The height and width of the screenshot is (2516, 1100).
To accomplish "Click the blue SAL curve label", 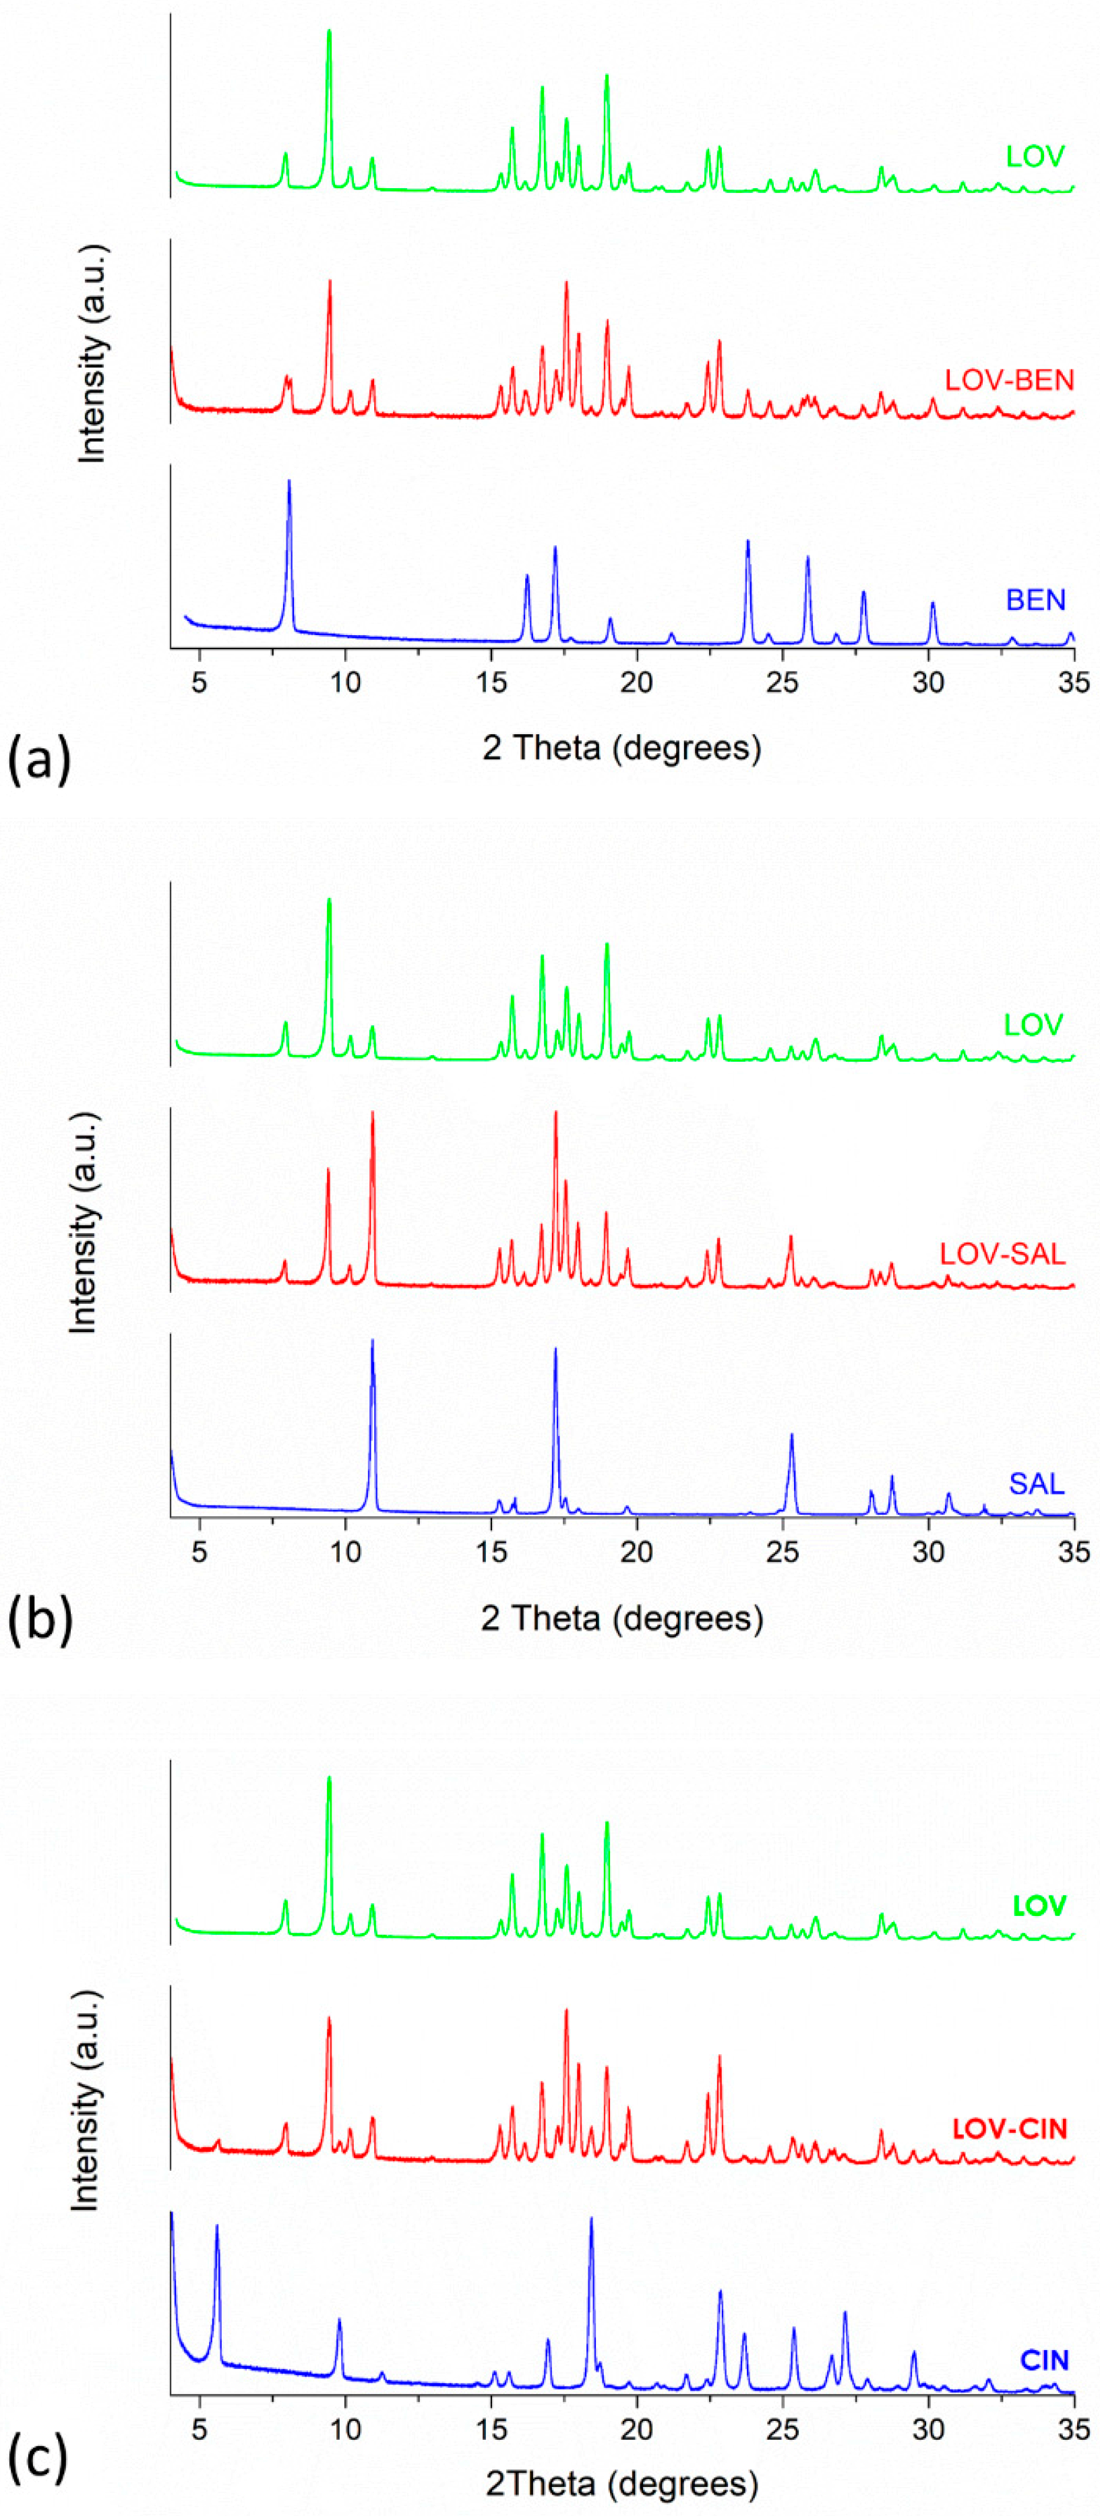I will tap(1037, 1484).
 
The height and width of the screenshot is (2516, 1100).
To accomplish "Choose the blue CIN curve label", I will tap(1044, 2360).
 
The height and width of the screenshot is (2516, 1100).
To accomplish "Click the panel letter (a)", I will tap(39, 759).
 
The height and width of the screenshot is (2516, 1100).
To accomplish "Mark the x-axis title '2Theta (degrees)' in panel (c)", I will tap(621, 2482).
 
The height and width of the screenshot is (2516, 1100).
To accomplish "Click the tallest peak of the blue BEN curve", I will tap(289, 483).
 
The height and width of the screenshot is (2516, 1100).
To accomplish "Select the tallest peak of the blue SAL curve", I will tap(372, 1342).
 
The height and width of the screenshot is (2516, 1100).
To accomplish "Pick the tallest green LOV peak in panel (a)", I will tap(329, 32).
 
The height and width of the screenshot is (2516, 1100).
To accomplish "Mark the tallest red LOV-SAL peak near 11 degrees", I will tap(372, 1114).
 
